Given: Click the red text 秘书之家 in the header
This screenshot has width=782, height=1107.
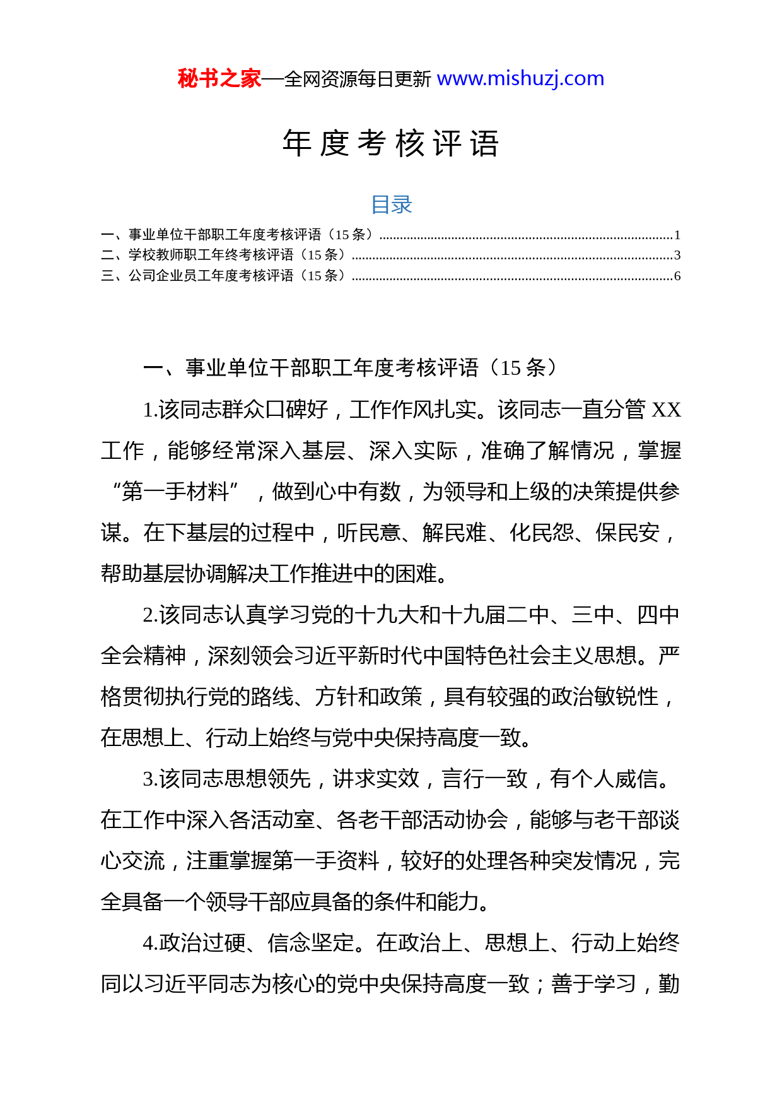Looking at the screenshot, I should point(219,79).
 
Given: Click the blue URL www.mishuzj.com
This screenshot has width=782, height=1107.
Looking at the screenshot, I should point(520,79).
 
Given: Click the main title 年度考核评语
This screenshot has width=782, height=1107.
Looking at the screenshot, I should point(391,143).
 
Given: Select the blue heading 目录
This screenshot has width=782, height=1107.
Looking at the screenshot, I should point(391,204).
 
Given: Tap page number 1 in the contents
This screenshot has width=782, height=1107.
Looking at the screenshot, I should point(677,235).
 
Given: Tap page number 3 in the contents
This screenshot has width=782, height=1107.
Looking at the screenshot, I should point(677,256).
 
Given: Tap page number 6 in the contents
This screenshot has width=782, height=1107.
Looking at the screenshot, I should point(677,276).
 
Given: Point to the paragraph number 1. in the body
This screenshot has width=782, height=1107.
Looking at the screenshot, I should point(150,410).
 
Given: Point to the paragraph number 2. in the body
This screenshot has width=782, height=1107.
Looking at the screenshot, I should point(150,615).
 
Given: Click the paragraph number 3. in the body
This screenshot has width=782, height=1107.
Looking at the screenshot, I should point(150,779).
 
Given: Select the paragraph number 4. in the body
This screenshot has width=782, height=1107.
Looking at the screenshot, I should point(150,944).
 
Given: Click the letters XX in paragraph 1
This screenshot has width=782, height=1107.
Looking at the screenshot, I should point(666,410).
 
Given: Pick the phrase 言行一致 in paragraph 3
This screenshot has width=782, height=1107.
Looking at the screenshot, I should point(484,779).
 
